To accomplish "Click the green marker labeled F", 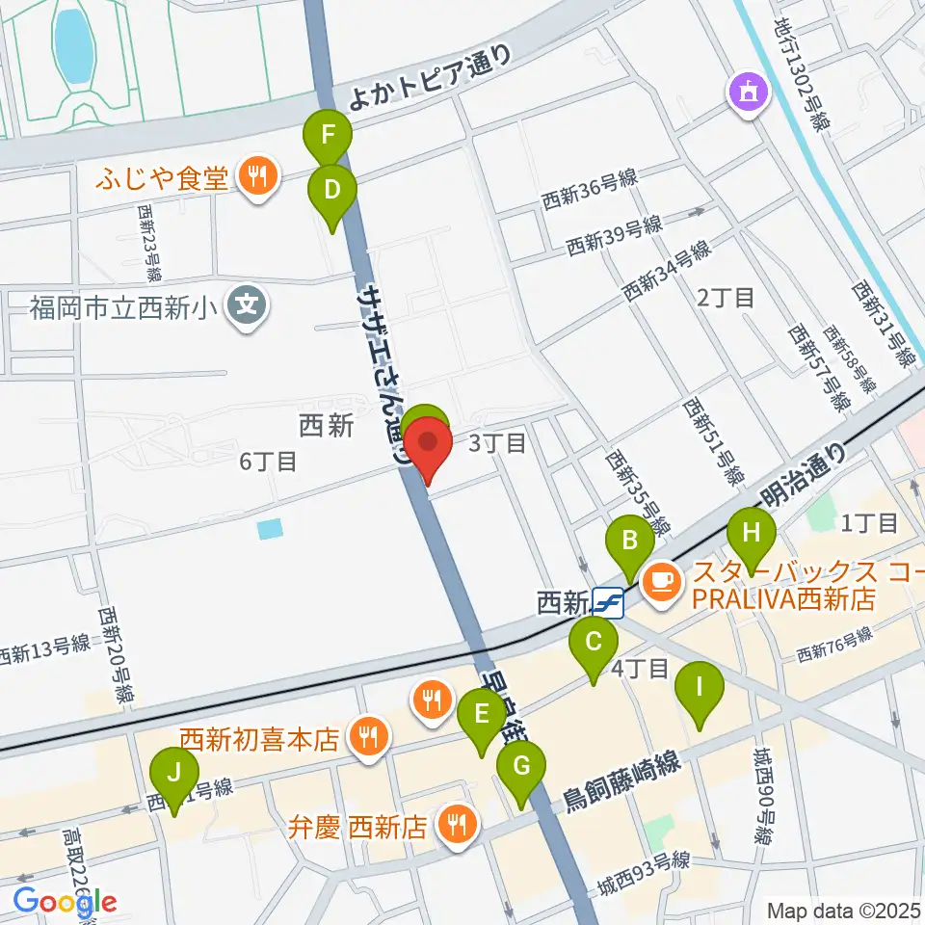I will click(x=328, y=133).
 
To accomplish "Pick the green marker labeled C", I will click(x=594, y=642).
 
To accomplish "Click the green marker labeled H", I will click(x=752, y=533).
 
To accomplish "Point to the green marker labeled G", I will click(x=521, y=767).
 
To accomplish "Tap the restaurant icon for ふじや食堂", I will click(x=256, y=176).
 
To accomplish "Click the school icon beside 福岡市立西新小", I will click(x=248, y=308).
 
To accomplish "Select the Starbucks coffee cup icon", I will click(x=662, y=580).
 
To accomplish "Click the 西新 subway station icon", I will click(x=608, y=604).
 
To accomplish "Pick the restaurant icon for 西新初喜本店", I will click(x=368, y=739).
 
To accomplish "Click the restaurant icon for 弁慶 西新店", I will click(x=455, y=825).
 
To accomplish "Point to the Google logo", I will click(x=65, y=902).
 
